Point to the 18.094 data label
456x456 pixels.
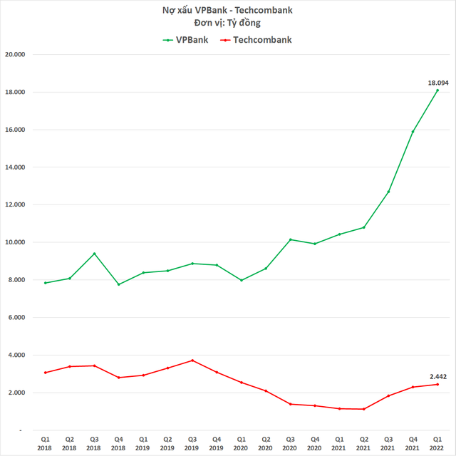coord(437,83)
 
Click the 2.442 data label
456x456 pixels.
coord(437,376)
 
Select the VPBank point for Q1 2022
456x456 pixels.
coord(437,90)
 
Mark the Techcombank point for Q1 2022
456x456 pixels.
coord(437,384)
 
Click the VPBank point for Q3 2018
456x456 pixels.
coord(94,254)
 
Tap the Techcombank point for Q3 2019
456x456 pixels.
coord(192,361)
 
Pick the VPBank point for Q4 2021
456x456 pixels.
coord(413,132)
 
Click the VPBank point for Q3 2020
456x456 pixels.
coord(291,239)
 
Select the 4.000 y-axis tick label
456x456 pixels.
coord(26,355)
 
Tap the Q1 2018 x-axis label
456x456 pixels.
coord(45,443)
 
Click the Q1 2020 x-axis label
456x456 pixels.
coord(242,443)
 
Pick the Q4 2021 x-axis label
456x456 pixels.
coord(413,443)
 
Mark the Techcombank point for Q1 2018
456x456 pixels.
coord(45,373)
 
